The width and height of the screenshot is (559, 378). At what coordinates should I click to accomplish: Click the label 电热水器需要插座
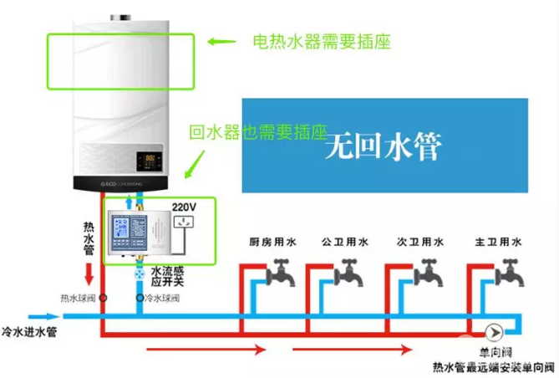point(322,40)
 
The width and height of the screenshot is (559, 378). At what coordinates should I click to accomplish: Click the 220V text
point(184,206)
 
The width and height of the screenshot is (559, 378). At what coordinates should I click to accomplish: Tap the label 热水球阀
point(78,298)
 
